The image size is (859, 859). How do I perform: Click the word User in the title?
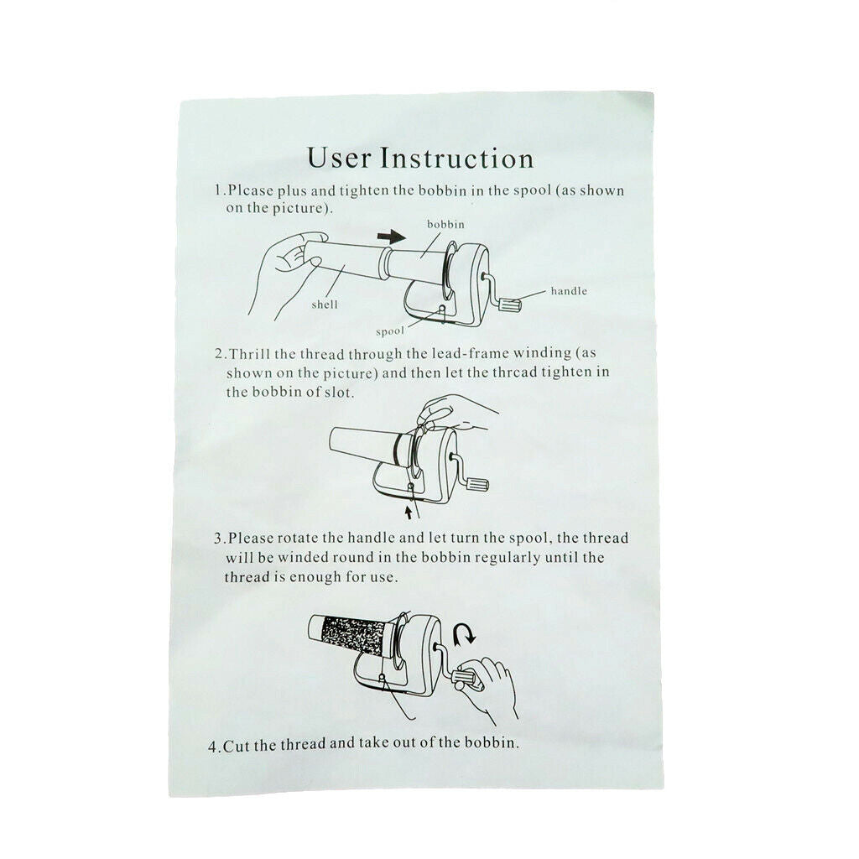point(339,158)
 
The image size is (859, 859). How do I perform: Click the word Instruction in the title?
point(457,158)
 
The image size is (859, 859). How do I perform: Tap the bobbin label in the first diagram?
point(445,224)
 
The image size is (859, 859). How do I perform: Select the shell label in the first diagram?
point(325,305)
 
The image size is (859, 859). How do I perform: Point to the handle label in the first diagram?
point(569,291)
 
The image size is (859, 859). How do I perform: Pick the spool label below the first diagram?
point(390,331)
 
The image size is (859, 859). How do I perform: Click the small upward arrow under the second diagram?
point(407,513)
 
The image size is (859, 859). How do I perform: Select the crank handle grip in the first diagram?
point(511,305)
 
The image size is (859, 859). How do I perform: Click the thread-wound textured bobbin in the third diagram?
point(354,636)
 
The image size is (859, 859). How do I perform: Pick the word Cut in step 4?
point(236,745)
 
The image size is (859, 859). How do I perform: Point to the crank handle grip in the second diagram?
point(477,484)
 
